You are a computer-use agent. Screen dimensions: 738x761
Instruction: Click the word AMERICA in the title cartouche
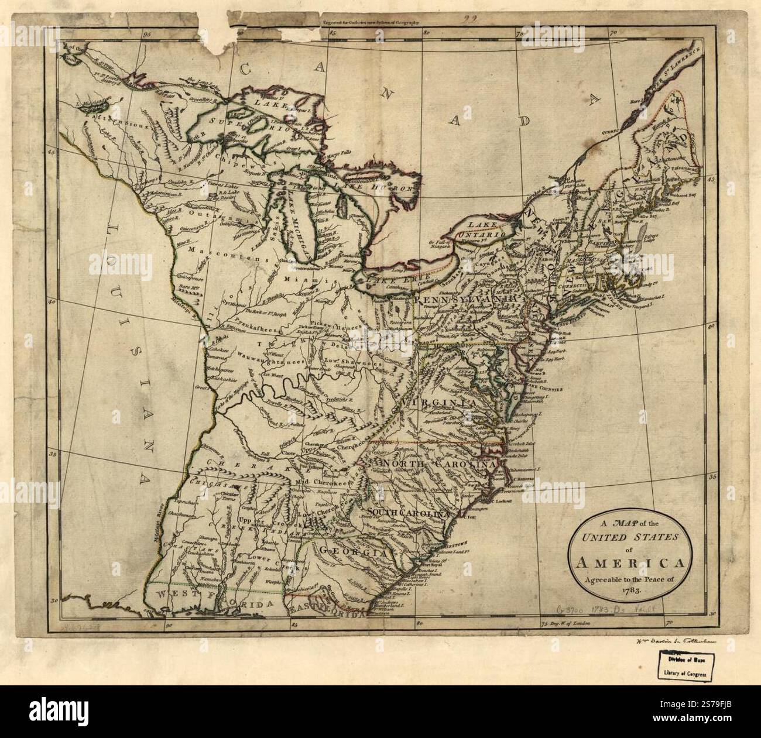[631, 565]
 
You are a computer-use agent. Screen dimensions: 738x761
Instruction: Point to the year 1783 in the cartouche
[630, 593]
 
